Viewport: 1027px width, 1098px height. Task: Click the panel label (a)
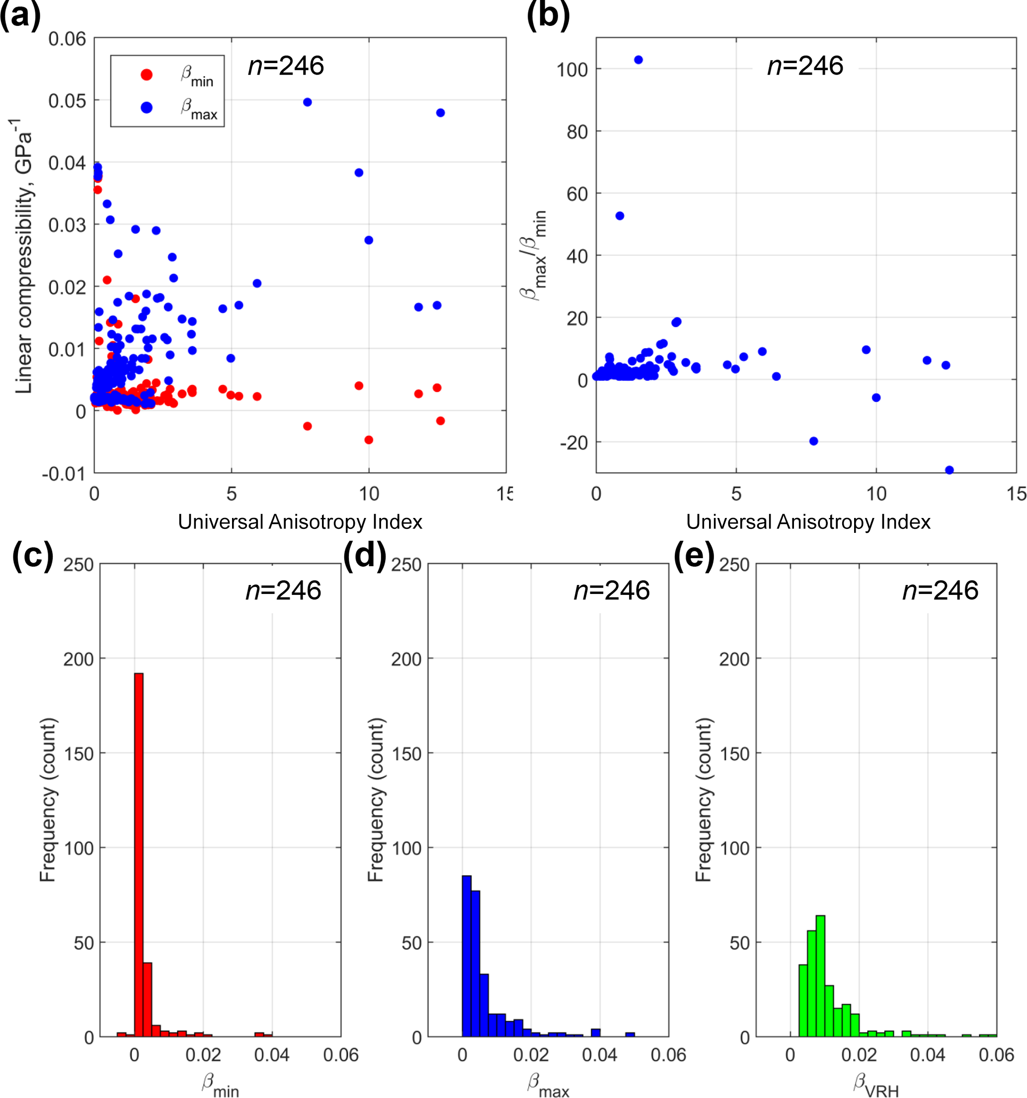tap(20, 15)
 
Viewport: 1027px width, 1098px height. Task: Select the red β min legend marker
tap(147, 74)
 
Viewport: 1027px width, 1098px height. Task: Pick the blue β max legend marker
tap(147, 108)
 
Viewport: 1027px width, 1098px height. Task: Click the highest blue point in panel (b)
tap(638, 60)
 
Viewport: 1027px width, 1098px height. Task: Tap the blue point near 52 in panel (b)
tap(620, 216)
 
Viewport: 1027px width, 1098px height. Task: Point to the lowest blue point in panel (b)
tap(949, 470)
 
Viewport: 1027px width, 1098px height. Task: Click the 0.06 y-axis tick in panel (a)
tap(67, 39)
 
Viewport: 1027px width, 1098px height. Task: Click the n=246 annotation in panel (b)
tap(805, 66)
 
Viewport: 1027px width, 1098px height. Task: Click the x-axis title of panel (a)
tap(300, 522)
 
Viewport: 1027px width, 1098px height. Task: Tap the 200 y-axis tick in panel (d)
tap(406, 659)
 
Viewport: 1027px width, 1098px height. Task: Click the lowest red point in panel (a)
tap(369, 439)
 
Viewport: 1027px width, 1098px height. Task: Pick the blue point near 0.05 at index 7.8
tap(307, 102)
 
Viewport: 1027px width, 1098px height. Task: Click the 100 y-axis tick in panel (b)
tap(572, 70)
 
